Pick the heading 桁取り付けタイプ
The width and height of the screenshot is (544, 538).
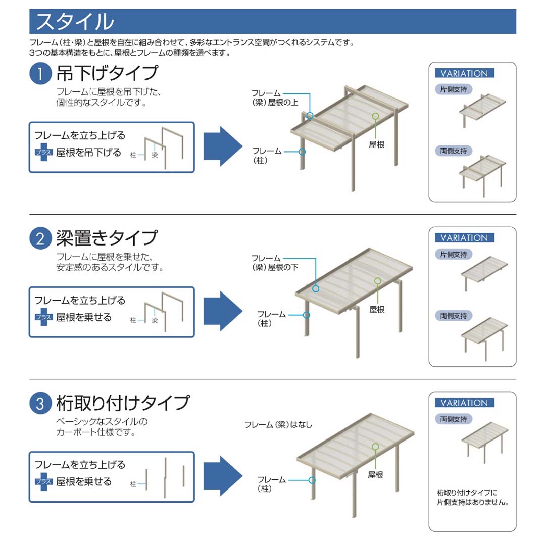(x=123, y=403)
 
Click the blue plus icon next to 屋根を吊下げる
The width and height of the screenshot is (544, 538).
(x=44, y=152)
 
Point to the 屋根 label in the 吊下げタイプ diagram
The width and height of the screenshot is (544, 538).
(x=377, y=145)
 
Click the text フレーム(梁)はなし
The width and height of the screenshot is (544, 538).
(x=278, y=425)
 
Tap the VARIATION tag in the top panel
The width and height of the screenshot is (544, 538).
(x=464, y=73)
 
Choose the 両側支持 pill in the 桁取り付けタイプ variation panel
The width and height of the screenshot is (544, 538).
(x=454, y=419)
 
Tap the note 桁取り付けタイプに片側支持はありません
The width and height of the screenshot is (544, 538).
(x=472, y=497)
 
